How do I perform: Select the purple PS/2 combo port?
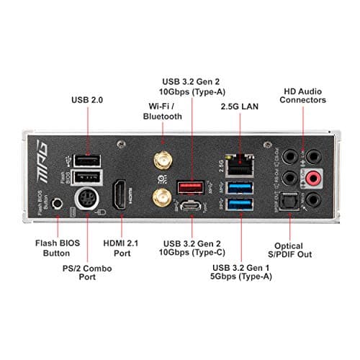pos(87,199)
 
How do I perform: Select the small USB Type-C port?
pos(192,206)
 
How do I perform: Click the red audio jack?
pos(314,178)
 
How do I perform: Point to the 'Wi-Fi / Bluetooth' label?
pos(162,109)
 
